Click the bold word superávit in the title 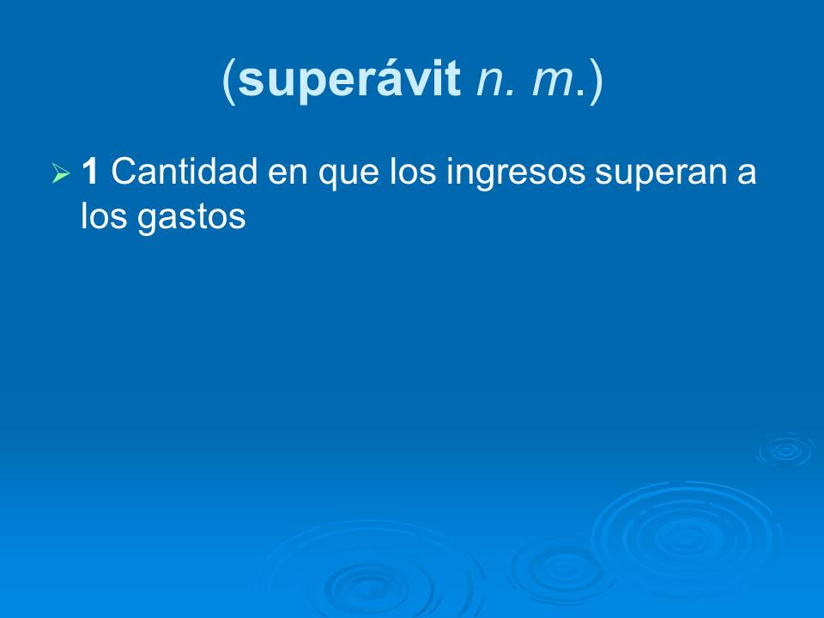[351, 82]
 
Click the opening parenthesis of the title [229, 82]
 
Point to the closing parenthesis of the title [596, 82]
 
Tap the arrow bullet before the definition [59, 174]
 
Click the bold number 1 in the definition [89, 173]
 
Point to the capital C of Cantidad [124, 173]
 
